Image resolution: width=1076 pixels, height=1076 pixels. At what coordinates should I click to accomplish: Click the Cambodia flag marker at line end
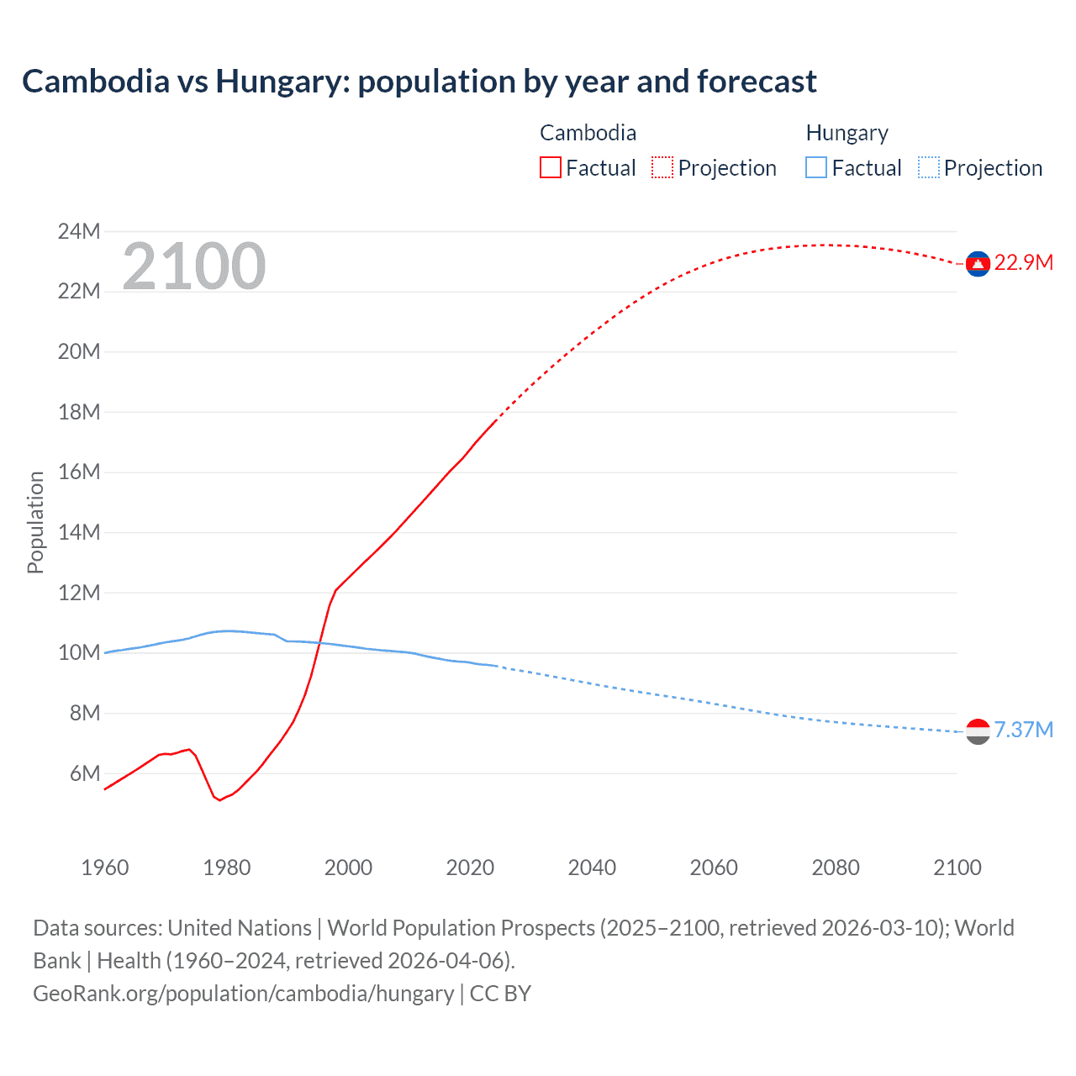pyautogui.click(x=977, y=264)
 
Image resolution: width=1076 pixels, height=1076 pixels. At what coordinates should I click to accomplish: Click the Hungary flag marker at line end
pyautogui.click(x=977, y=731)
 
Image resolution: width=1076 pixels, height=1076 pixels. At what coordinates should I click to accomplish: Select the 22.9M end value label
pyautogui.click(x=1023, y=263)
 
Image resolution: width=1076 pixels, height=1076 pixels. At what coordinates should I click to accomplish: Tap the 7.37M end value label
pyautogui.click(x=1023, y=730)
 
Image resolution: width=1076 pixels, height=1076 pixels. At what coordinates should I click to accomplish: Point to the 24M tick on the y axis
pyautogui.click(x=78, y=231)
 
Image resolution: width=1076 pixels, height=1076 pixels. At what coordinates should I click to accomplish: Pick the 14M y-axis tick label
pyautogui.click(x=78, y=532)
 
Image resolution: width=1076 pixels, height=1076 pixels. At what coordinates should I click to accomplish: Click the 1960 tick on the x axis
pyautogui.click(x=105, y=868)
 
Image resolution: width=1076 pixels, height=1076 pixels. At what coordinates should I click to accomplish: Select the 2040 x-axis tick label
pyautogui.click(x=592, y=868)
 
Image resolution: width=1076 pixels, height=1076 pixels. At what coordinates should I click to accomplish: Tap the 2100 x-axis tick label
pyautogui.click(x=957, y=868)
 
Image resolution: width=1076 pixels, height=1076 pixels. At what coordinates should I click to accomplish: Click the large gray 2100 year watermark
pyautogui.click(x=193, y=266)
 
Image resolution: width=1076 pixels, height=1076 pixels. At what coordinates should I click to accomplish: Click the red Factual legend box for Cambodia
pyautogui.click(x=550, y=168)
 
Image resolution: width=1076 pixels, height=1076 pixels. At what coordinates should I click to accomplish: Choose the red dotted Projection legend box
pyautogui.click(x=662, y=168)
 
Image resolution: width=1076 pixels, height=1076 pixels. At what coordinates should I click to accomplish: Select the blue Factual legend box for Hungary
pyautogui.click(x=815, y=168)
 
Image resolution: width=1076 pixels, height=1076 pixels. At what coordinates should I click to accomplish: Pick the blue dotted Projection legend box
pyautogui.click(x=928, y=168)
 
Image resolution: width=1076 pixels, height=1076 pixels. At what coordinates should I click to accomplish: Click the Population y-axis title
pyautogui.click(x=35, y=522)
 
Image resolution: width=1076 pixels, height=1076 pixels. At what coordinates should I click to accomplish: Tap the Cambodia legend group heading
pyautogui.click(x=588, y=133)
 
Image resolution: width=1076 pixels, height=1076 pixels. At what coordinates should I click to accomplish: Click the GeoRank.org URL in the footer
pyautogui.click(x=243, y=994)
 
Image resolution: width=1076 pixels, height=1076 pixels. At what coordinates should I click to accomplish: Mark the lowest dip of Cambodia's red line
pyautogui.click(x=219, y=800)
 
